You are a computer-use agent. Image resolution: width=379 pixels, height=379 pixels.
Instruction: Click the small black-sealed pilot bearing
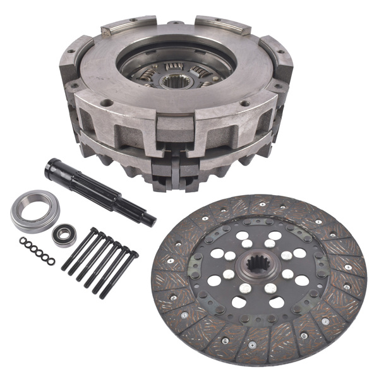click(64, 235)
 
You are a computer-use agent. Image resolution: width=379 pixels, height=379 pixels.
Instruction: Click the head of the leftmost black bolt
click(93, 231)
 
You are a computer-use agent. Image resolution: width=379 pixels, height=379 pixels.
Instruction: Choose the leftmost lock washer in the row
click(22, 241)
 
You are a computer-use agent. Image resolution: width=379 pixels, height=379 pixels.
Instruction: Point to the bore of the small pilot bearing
click(64, 235)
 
